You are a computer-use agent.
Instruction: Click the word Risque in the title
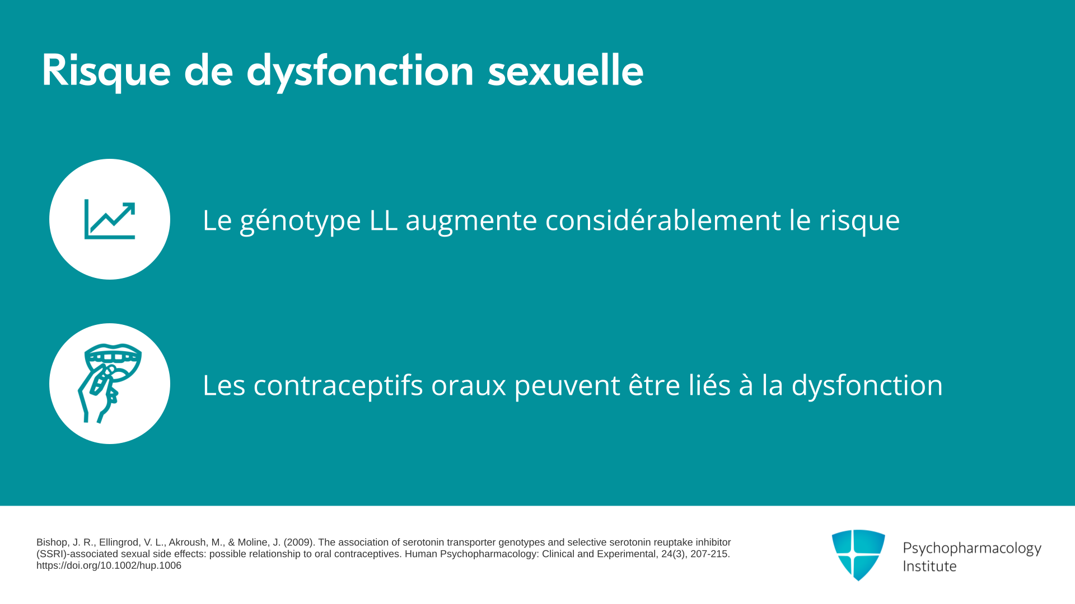click(106, 72)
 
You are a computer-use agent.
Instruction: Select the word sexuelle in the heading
click(565, 70)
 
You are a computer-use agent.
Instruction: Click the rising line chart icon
click(110, 219)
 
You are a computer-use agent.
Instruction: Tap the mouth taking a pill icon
click(109, 384)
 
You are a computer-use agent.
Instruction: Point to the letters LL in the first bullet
click(384, 220)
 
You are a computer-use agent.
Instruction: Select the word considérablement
click(663, 219)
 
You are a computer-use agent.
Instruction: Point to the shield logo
click(858, 555)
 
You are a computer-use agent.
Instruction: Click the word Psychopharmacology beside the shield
click(972, 549)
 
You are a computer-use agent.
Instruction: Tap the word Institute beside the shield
click(929, 566)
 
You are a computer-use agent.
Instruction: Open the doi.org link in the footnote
click(109, 565)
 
